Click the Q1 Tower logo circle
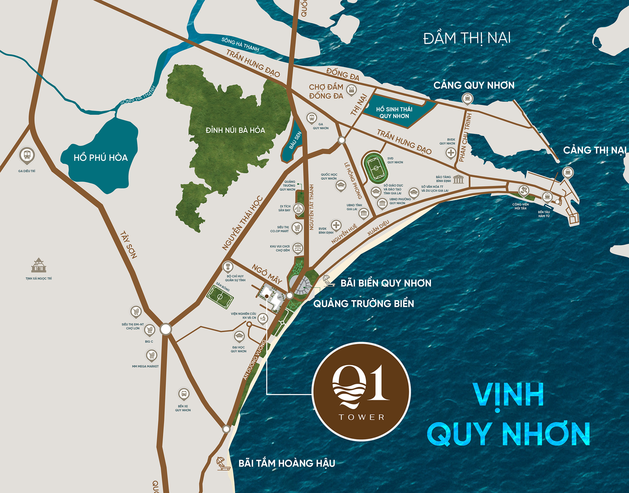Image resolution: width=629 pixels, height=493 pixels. click(361, 391)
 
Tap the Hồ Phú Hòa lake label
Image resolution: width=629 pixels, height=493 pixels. click(101, 157)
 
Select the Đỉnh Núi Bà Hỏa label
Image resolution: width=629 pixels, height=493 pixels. click(235, 130)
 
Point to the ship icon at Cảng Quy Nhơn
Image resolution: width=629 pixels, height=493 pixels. click(467, 98)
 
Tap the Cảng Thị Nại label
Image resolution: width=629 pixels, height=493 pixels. click(594, 150)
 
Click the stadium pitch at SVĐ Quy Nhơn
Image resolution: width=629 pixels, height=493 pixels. click(376, 168)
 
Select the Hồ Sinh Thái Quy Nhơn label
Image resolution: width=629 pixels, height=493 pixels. click(394, 112)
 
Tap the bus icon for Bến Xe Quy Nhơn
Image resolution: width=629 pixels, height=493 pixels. click(184, 394)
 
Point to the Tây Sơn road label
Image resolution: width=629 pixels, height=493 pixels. click(129, 245)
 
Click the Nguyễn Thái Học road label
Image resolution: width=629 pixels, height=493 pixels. click(242, 223)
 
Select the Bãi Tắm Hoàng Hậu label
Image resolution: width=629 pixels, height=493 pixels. click(287, 463)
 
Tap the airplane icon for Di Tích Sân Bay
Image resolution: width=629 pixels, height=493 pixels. click(298, 208)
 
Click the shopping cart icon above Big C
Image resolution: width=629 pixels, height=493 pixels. click(149, 330)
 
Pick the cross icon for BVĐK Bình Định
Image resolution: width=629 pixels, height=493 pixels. click(336, 225)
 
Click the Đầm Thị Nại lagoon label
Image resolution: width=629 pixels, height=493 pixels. click(467, 38)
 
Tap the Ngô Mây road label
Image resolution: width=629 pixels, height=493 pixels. click(267, 274)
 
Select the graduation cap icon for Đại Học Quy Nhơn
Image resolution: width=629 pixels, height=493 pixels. click(239, 336)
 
